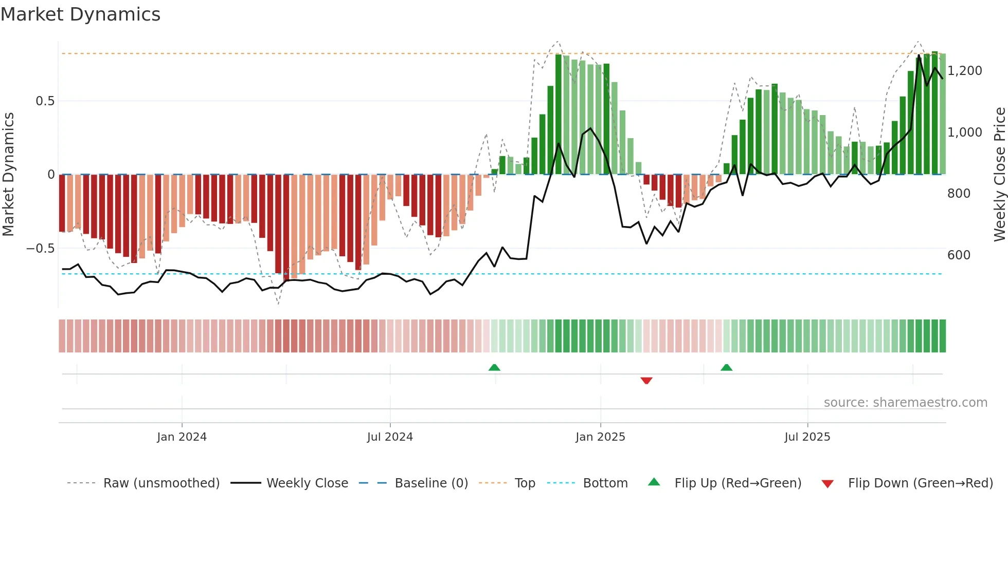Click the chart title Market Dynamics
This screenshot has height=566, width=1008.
coord(81,14)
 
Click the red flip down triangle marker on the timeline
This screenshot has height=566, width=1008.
coord(646,381)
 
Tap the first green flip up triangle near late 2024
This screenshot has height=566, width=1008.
coord(494,367)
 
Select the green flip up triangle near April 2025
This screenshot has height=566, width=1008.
coord(726,367)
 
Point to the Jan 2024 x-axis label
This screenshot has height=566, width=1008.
coord(182,437)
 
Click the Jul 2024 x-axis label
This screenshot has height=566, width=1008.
coord(390,437)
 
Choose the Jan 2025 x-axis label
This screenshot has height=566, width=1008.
coord(600,437)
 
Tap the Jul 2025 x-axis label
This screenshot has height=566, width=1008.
coord(807,437)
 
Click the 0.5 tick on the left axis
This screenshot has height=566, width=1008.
coord(45,101)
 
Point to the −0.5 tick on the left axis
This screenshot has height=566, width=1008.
coord(40,249)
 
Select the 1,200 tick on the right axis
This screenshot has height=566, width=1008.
coord(965,71)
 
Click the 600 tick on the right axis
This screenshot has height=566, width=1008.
coord(959,255)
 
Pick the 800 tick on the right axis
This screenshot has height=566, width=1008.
coord(959,194)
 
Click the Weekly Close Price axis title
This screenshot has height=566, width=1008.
coord(999,175)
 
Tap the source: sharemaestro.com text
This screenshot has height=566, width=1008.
coord(905,403)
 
